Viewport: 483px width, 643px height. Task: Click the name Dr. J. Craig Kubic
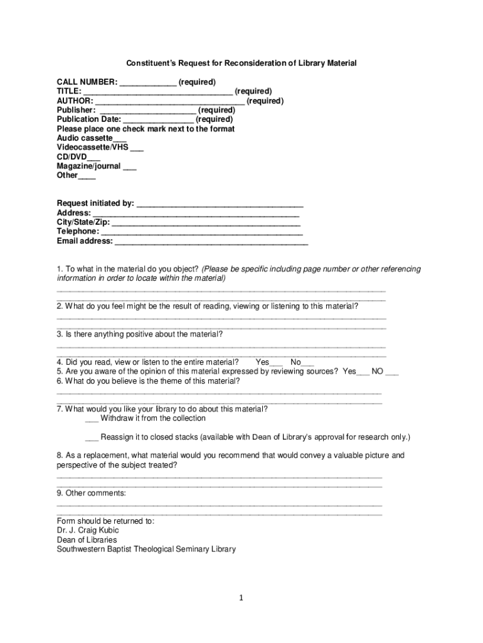click(87, 531)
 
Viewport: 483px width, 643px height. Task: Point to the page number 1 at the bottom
click(241, 598)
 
